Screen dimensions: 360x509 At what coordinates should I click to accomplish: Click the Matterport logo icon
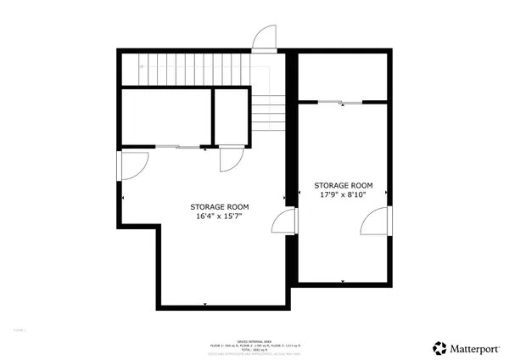click(x=439, y=346)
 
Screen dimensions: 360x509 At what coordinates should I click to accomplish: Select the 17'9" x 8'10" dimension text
click(x=344, y=194)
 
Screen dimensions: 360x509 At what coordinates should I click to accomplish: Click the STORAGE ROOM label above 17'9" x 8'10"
click(x=344, y=185)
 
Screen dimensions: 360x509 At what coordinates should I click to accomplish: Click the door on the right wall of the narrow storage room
click(x=374, y=222)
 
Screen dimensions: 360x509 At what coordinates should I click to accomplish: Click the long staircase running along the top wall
click(x=187, y=68)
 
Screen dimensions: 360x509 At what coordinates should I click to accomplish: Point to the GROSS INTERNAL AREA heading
click(x=255, y=337)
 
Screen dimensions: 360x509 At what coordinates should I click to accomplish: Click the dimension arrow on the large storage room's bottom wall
click(x=205, y=304)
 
